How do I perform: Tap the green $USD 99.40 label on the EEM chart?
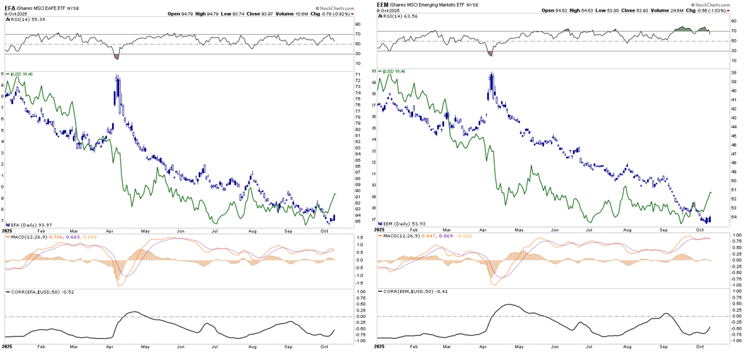(394, 71)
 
